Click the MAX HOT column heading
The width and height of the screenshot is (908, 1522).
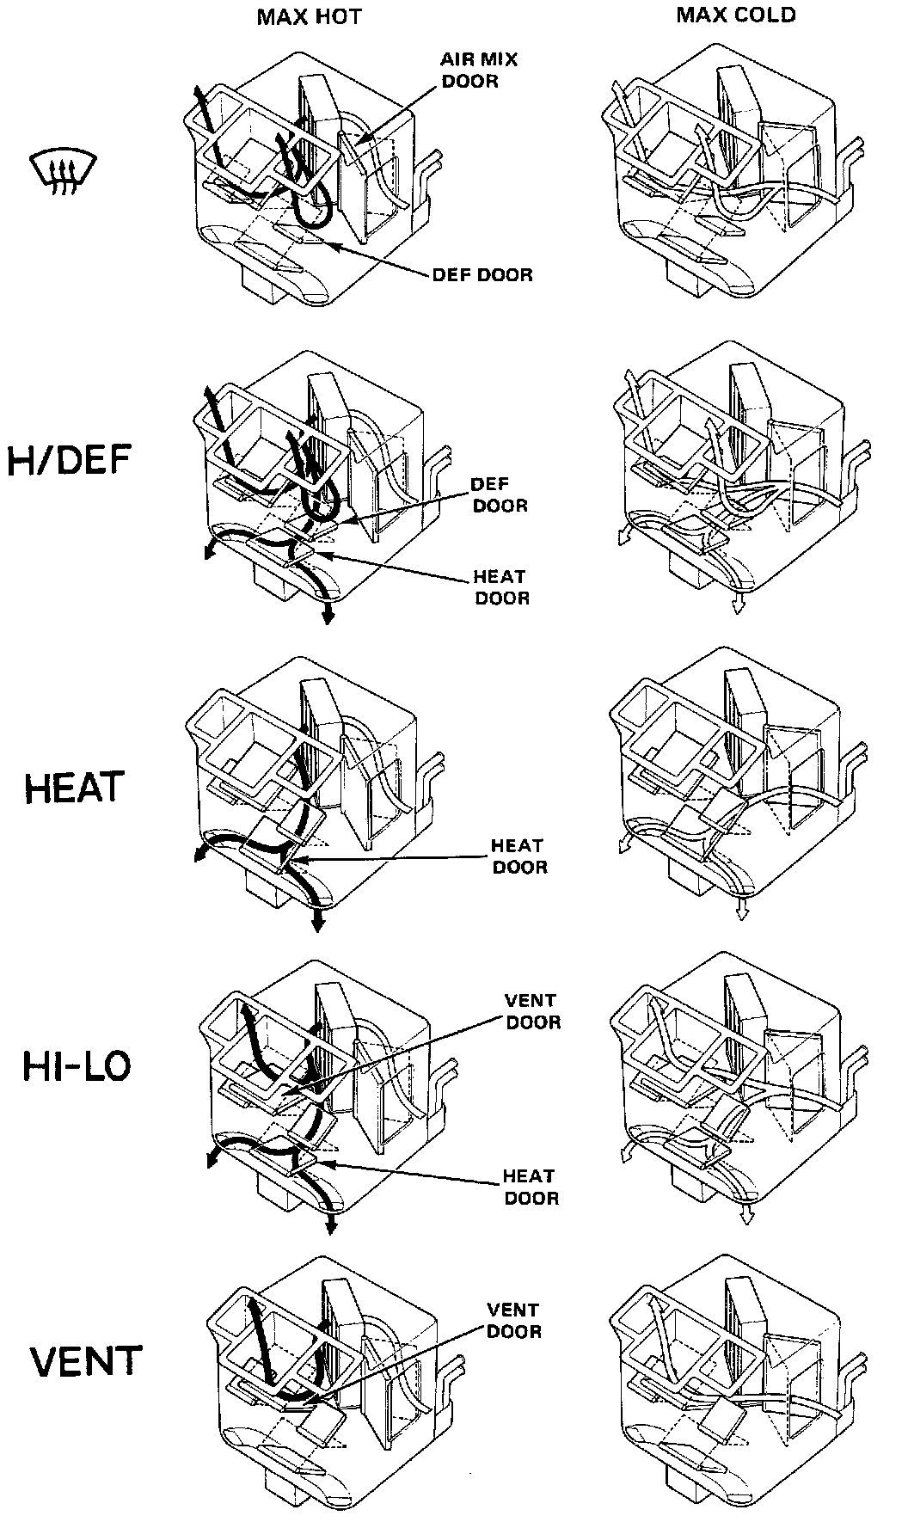(309, 18)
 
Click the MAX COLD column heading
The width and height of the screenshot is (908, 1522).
(735, 15)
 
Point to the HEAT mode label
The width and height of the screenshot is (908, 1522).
(75, 788)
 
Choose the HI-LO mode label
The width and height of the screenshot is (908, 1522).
(77, 1067)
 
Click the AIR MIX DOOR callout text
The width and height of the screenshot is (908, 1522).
(480, 71)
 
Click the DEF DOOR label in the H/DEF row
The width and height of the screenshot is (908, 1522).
(500, 495)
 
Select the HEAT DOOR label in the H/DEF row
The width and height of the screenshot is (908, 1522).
(502, 586)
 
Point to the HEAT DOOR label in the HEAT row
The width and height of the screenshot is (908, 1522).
(518, 856)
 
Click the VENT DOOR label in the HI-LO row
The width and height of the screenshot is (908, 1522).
(532, 1011)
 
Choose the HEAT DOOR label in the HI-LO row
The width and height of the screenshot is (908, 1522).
(531, 1187)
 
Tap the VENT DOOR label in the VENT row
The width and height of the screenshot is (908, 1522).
(513, 1321)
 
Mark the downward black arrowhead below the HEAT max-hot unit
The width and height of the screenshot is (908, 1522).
(318, 925)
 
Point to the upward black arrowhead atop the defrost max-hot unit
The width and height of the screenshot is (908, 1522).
(198, 92)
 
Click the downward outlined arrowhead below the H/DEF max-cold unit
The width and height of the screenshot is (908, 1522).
(738, 607)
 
